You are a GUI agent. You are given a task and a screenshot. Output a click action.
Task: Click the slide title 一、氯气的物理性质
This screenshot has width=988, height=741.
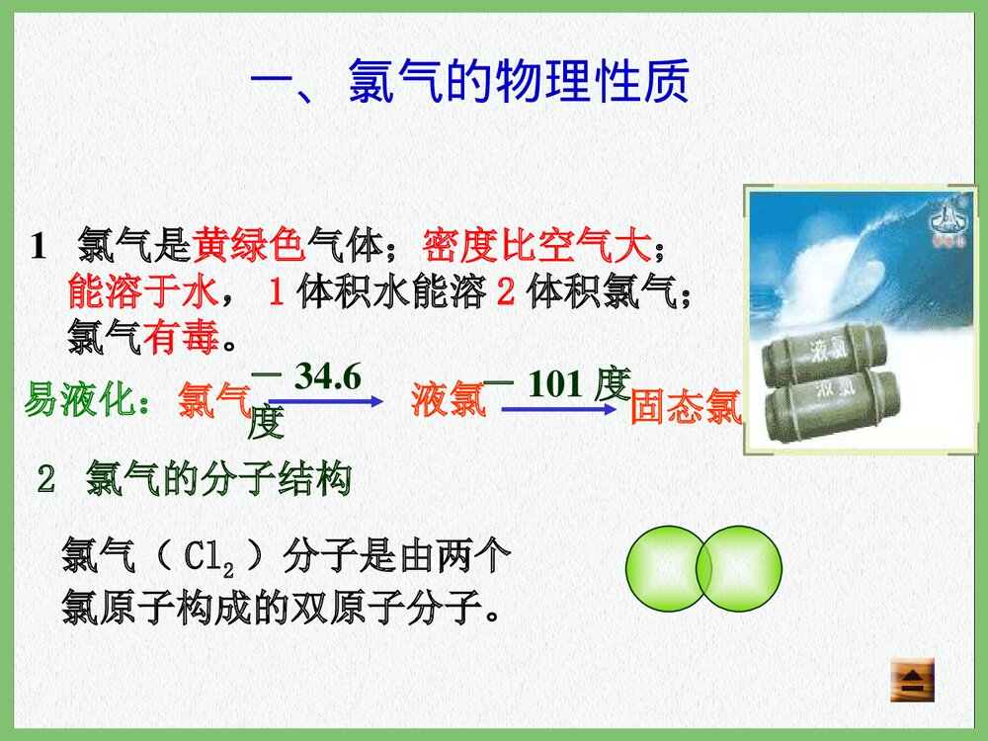click(469, 84)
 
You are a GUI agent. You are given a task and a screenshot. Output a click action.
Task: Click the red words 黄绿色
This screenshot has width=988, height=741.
click(250, 242)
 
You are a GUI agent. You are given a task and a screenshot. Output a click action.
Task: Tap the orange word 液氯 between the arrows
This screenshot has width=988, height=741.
click(448, 400)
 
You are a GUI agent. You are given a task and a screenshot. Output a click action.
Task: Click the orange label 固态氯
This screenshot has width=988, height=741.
click(686, 407)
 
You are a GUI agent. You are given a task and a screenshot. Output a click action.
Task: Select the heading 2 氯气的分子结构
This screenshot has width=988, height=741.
click(194, 480)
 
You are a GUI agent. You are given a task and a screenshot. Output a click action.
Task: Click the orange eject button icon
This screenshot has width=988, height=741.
click(912, 681)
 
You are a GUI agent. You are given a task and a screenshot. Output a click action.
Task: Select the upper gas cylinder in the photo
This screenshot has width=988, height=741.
click(826, 353)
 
